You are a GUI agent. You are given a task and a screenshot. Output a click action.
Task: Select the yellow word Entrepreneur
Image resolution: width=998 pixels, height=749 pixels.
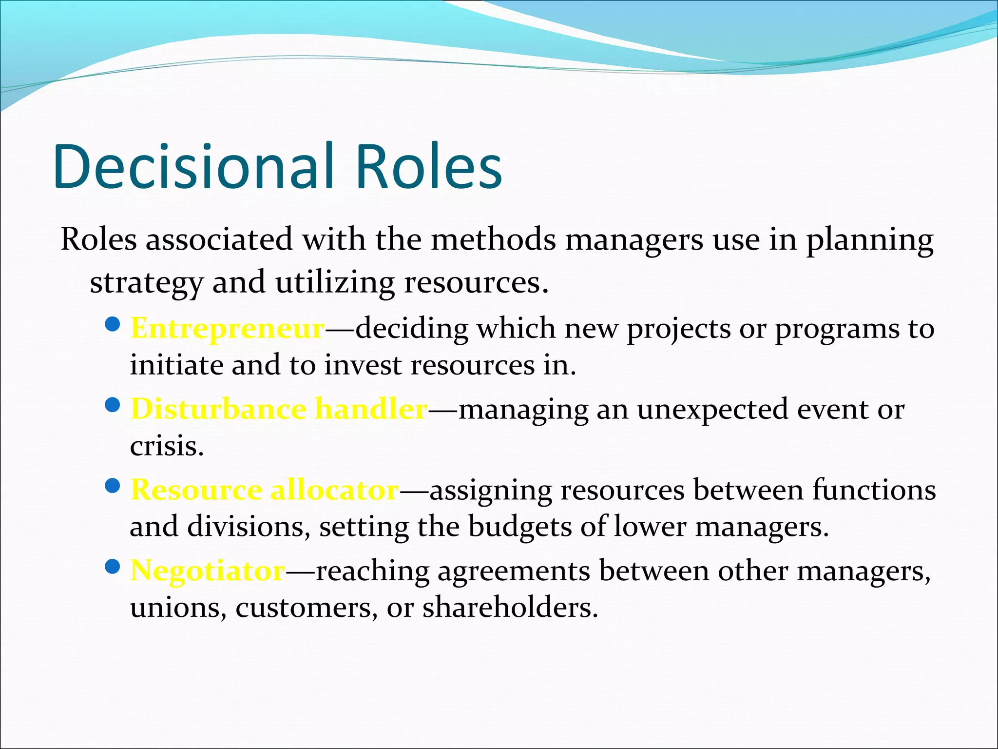coord(228,328)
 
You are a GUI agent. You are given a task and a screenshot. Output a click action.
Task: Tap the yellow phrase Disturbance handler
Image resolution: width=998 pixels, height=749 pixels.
coord(279,409)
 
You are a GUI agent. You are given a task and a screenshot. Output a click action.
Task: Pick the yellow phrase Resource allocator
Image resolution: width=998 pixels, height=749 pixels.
coord(265,490)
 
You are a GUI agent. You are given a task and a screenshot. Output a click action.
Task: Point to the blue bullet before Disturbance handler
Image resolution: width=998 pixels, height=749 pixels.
coord(113,405)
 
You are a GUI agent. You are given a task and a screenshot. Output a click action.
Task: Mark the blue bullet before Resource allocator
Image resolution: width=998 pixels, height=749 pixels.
coord(113,486)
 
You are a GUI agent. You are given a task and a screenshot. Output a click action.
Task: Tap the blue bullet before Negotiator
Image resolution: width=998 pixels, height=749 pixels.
coord(113,566)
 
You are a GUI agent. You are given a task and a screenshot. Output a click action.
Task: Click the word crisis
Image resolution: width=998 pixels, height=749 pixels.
coord(166,446)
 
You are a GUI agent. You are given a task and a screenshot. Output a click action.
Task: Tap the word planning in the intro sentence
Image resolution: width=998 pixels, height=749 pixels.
coord(870,240)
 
